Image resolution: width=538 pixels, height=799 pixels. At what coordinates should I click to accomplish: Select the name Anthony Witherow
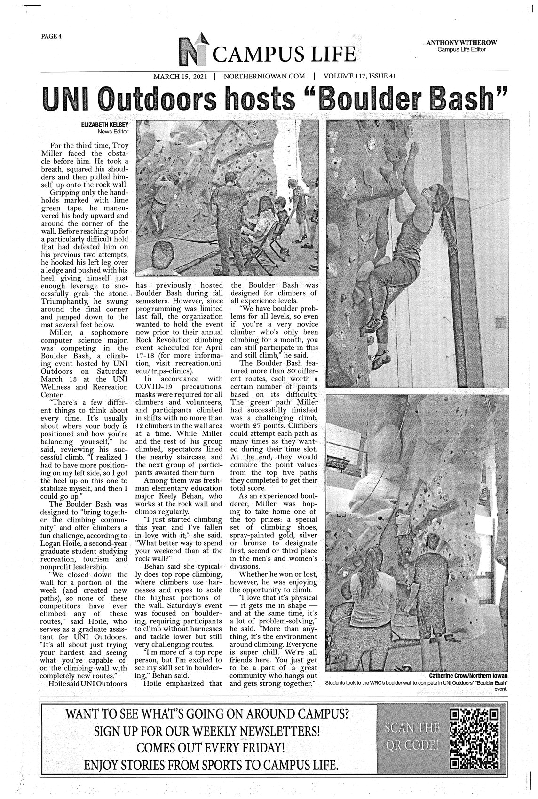point(461,43)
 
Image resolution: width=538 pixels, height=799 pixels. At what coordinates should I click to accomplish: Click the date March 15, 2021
point(180,76)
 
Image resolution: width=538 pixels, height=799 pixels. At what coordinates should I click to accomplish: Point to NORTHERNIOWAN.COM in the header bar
point(264,76)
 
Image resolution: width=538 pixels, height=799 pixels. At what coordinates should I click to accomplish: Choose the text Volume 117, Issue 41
point(363,76)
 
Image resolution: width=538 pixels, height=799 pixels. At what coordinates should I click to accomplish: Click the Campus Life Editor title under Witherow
point(461,50)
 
